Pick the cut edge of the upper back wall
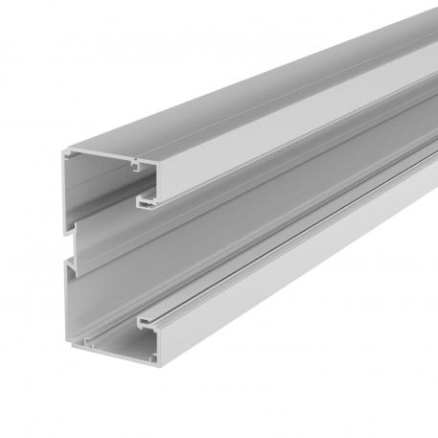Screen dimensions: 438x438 (x=66, y=201)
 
